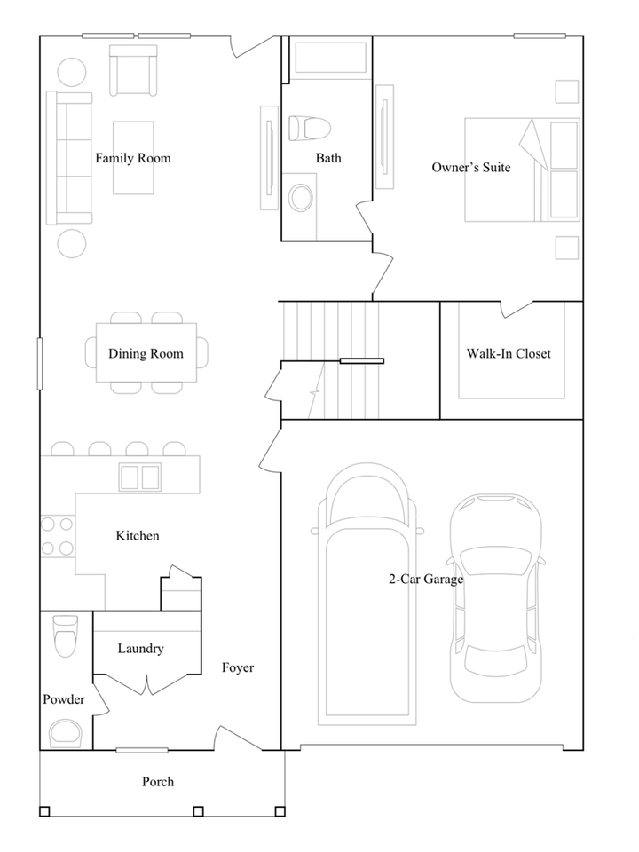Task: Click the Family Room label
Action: tap(133, 158)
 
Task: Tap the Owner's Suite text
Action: tap(471, 168)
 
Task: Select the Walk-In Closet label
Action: tap(509, 354)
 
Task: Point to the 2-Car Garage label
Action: tap(426, 580)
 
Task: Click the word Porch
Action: tap(158, 782)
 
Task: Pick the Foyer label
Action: tap(238, 667)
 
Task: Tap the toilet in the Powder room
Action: tap(66, 635)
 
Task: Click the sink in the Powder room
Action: tap(66, 733)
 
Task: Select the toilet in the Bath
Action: tap(309, 129)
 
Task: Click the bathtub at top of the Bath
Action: tap(330, 58)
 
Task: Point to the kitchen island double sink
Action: tap(140, 477)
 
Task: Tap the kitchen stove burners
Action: tap(57, 536)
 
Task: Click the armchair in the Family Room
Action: tap(133, 71)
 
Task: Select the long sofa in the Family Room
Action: tap(69, 158)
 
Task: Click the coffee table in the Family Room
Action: tap(133, 158)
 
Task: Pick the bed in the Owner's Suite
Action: tap(522, 170)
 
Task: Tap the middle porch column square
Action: tap(198, 811)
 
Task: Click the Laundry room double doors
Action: tap(147, 684)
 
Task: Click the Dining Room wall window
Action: tap(40, 364)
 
